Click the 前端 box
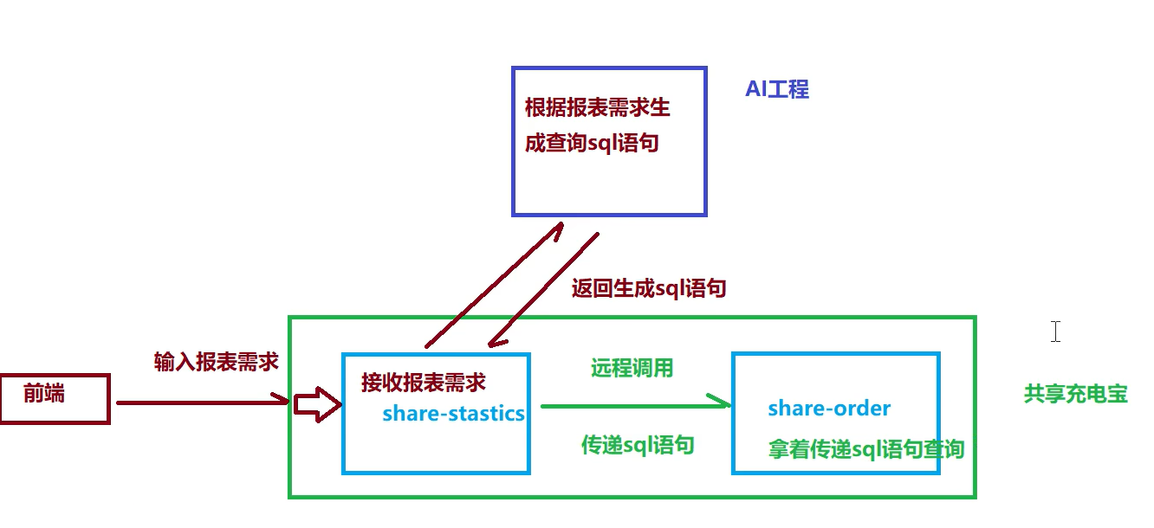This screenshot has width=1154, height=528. (55, 398)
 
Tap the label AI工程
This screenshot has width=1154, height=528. (777, 89)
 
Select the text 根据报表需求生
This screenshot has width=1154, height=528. (597, 108)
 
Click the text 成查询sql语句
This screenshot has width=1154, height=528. (592, 143)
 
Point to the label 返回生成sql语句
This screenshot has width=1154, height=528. (648, 288)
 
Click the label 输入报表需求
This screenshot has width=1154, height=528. (216, 362)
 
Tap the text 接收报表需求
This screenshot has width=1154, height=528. (423, 383)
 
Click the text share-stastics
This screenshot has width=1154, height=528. (453, 414)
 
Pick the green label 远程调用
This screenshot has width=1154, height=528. (632, 368)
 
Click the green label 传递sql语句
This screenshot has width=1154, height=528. (637, 445)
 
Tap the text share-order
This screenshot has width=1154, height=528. (829, 408)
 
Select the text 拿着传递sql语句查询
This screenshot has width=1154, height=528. (865, 449)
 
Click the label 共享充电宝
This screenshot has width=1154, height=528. (1075, 394)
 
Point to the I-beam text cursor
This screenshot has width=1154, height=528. (1055, 331)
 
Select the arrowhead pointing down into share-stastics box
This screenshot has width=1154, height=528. (495, 342)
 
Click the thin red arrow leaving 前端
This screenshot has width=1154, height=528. (199, 402)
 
